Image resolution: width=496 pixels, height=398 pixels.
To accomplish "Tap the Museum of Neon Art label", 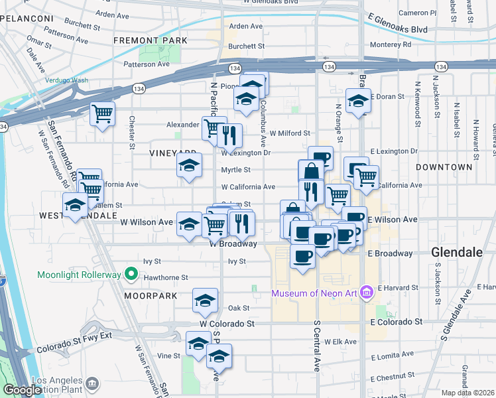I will point(314,294).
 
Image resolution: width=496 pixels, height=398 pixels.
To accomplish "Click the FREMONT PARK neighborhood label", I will point(151,40).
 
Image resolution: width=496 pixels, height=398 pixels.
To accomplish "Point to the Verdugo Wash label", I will point(66,80).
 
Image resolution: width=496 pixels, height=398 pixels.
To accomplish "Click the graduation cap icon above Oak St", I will point(206,300).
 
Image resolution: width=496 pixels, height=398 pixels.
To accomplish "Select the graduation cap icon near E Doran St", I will point(359,101).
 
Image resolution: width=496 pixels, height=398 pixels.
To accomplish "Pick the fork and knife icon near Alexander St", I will point(229,135).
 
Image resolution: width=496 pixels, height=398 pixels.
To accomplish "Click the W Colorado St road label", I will point(227,324).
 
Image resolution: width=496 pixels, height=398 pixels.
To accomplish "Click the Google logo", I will point(22,390).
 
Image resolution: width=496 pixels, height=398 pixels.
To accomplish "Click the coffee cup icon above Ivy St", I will point(303,255).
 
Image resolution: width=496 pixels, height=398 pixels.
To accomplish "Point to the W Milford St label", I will point(290,133).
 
